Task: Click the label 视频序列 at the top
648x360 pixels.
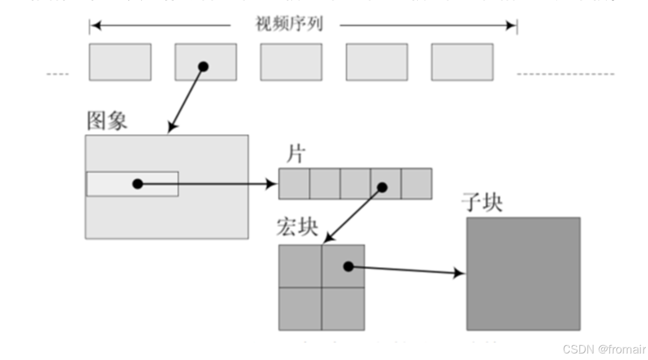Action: [288, 24]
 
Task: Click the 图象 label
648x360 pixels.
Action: [107, 121]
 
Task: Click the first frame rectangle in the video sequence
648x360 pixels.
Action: [120, 62]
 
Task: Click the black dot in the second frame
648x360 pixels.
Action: [203, 67]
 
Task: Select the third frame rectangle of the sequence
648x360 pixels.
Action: [291, 62]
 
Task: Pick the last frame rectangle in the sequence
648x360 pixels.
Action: [462, 62]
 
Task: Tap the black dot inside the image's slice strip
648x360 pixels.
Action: [138, 184]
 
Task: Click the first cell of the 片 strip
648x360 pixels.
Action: [294, 184]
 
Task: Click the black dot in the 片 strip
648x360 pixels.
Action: [382, 187]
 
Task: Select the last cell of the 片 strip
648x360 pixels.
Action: [417, 184]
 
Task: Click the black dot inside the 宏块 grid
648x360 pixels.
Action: [349, 267]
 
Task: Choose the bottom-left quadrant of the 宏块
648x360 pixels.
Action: [300, 308]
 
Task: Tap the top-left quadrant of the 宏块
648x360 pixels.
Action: [300, 266]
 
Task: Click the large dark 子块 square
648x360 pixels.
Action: [523, 274]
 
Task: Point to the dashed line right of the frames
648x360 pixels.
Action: [565, 73]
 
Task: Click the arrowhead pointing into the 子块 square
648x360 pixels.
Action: [460, 274]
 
